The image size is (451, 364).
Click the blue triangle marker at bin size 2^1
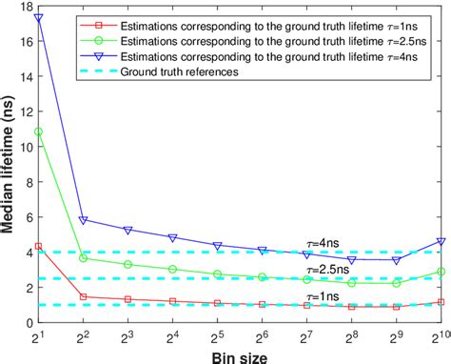tap(38, 17)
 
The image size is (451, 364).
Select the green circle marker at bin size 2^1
tap(38, 131)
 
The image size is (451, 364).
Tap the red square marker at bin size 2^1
tap(38, 246)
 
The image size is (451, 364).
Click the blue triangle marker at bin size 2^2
tap(84, 220)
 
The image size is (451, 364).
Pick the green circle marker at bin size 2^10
tap(441, 272)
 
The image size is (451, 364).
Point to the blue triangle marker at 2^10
tap(441, 242)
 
